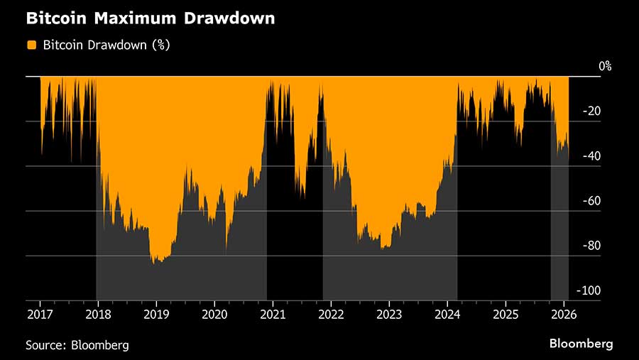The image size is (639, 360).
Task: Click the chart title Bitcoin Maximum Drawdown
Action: [x=151, y=18]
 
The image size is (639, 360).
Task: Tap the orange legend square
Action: [x=31, y=45]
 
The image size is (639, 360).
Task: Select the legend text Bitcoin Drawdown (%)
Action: [x=106, y=45]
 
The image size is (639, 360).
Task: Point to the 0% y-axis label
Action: [x=604, y=66]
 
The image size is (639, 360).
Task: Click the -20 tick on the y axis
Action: [x=591, y=111]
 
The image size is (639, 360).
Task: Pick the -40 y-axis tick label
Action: [x=591, y=156]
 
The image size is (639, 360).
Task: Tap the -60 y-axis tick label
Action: [x=591, y=201]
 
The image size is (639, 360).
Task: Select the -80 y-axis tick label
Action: [x=591, y=246]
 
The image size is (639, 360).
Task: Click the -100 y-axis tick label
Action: [x=589, y=290]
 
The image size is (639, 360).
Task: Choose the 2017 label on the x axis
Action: [x=40, y=313]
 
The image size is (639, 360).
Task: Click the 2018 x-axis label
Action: [x=98, y=313]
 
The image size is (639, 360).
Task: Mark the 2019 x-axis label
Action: [x=156, y=313]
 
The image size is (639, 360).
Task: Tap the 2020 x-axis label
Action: [x=214, y=313]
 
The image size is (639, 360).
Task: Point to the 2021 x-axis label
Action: [x=273, y=313]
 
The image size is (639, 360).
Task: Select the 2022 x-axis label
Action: [x=331, y=313]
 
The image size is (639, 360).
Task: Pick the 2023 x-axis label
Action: [x=389, y=313]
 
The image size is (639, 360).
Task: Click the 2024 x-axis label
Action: [x=447, y=313]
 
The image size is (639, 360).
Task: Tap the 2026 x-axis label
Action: [x=564, y=313]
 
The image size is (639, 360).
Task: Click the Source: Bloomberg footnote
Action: [x=77, y=345]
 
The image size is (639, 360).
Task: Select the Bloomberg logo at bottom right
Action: [x=581, y=344]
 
